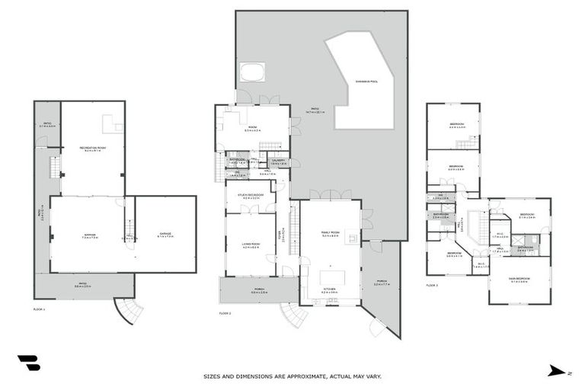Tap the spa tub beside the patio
click(251, 72)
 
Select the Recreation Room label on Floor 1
click(92, 149)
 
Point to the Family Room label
click(331, 235)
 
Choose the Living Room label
click(251, 245)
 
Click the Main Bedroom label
click(519, 280)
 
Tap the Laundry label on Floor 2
click(278, 161)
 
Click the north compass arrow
click(555, 371)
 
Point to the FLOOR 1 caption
click(40, 309)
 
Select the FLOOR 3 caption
click(432, 286)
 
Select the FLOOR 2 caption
click(225, 313)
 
